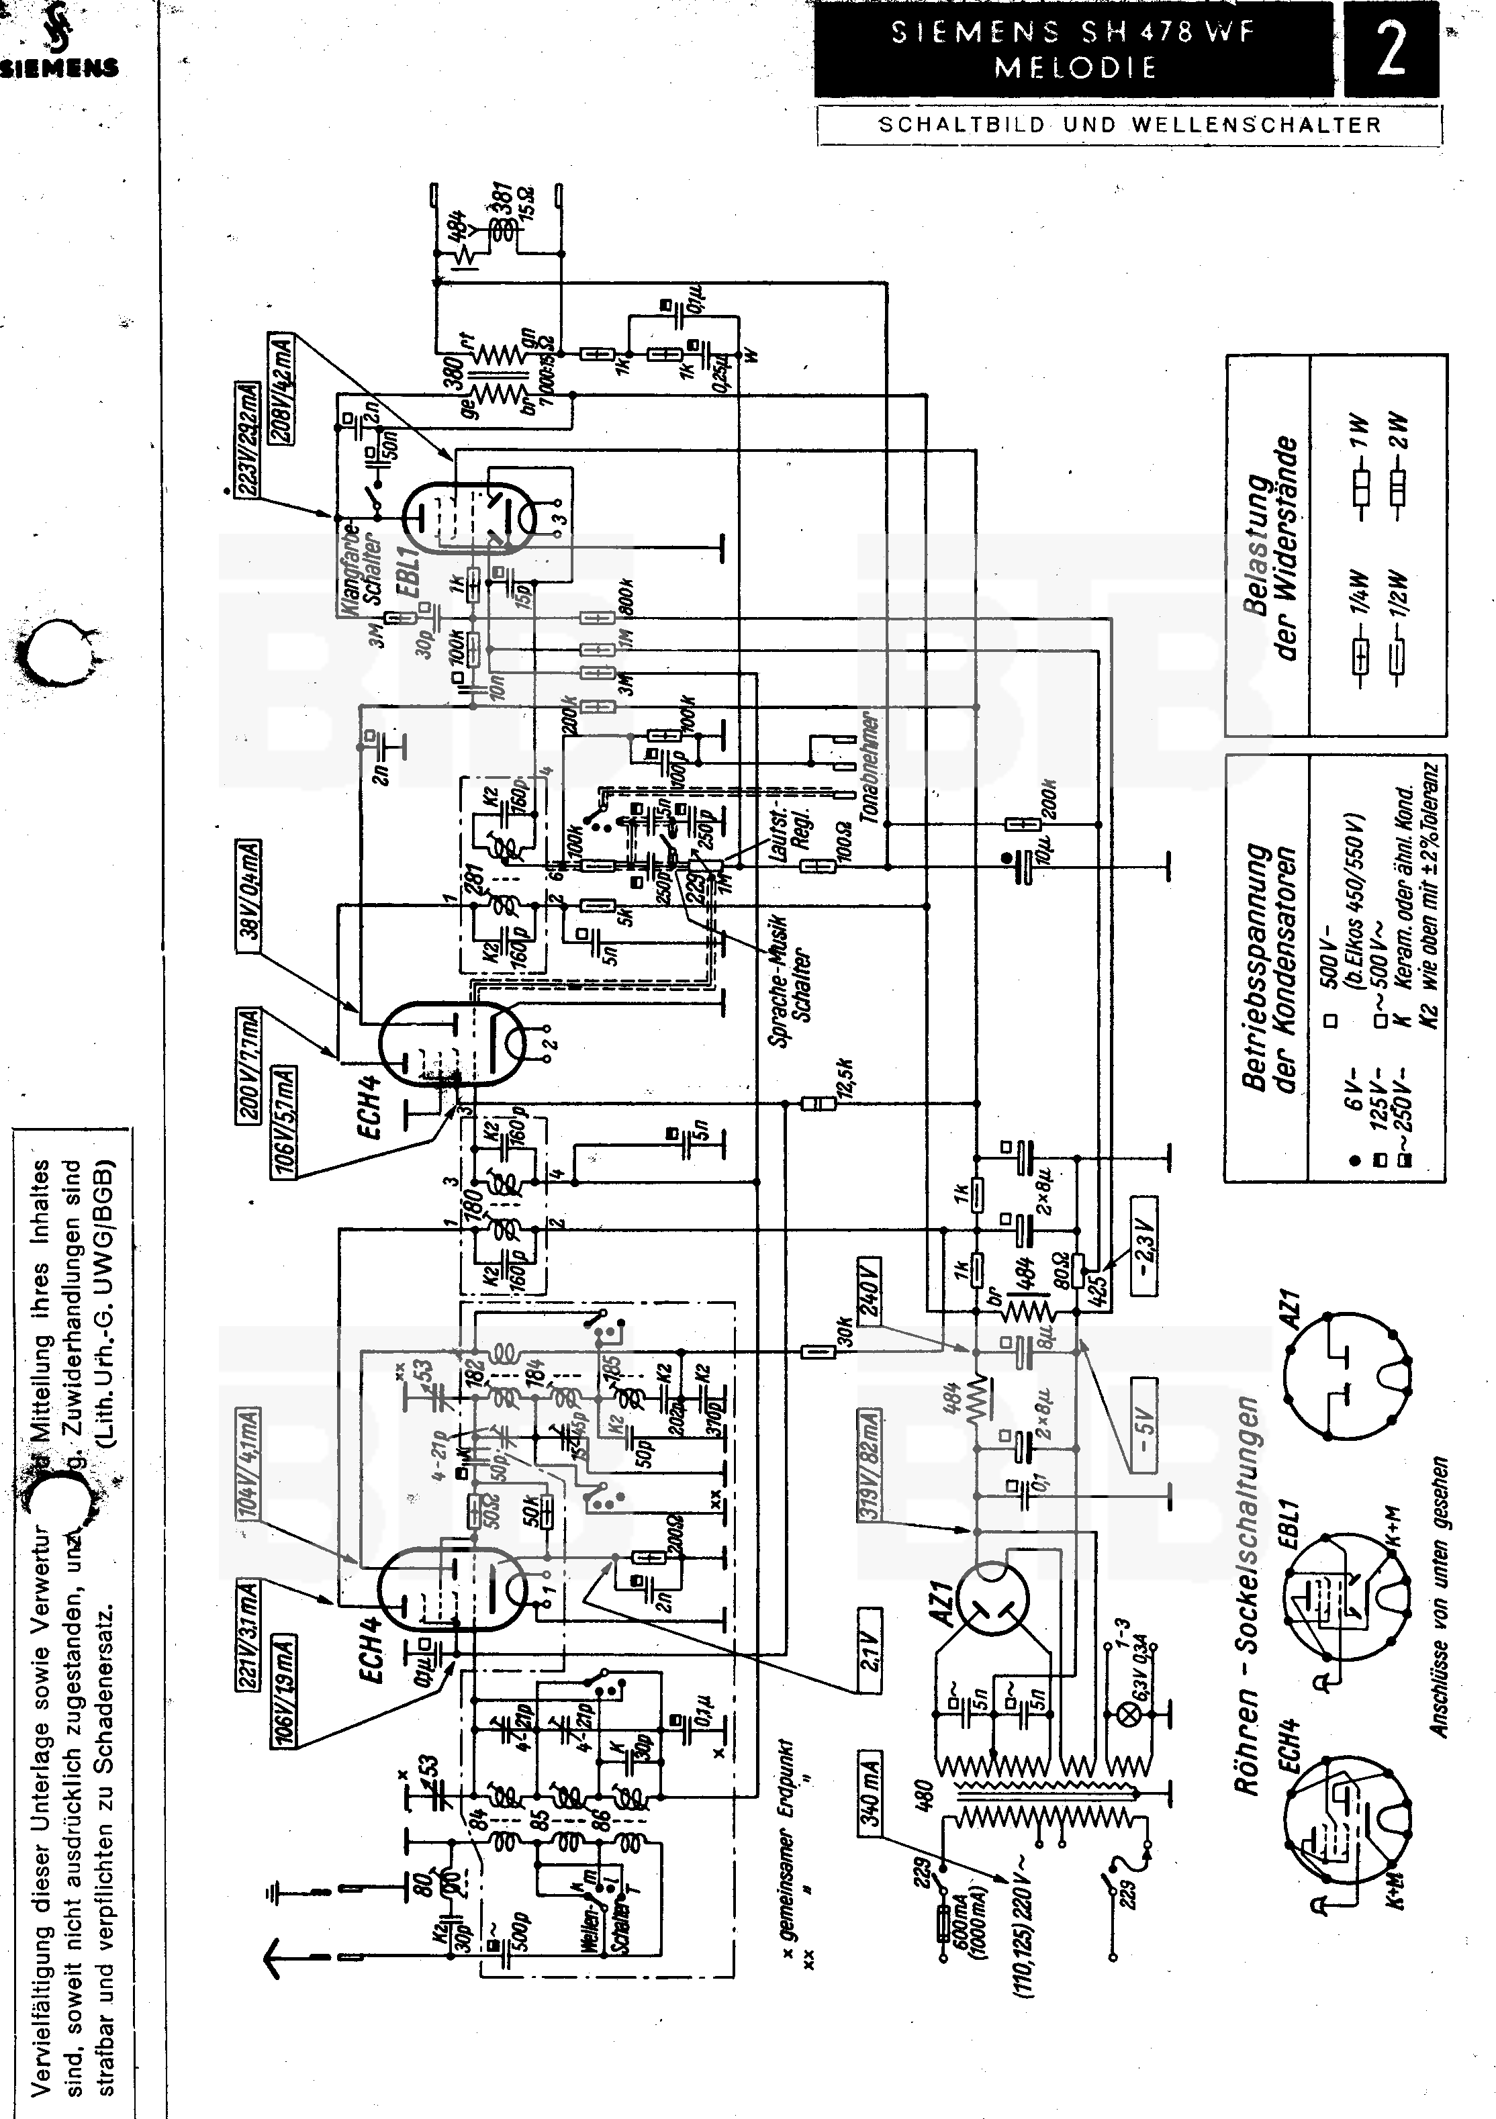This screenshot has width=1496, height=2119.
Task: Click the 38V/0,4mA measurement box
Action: pos(249,895)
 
